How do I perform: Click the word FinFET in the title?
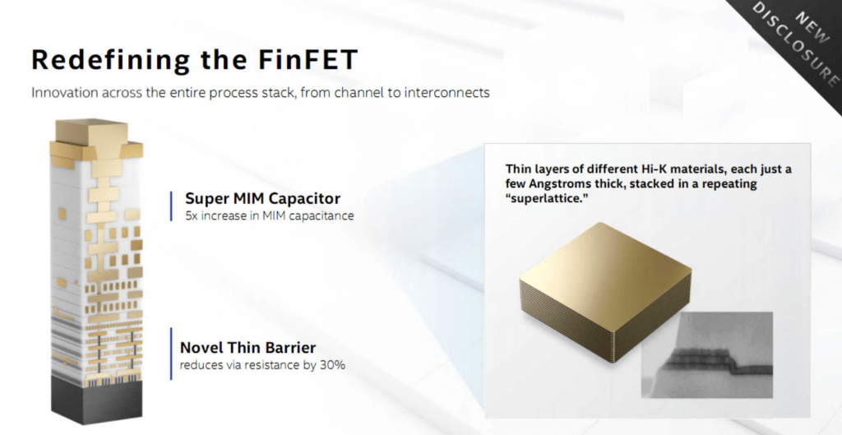coord(308,59)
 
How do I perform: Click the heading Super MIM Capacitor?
coord(262,199)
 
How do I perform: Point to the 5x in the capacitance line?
coord(191,216)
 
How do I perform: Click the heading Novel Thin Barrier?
coord(248,348)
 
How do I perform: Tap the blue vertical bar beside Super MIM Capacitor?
coord(171,206)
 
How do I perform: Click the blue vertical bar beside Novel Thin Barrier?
coord(171,354)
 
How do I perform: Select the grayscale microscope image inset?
coord(706,354)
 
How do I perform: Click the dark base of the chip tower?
coord(97,400)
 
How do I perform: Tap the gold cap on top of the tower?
coord(92,132)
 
